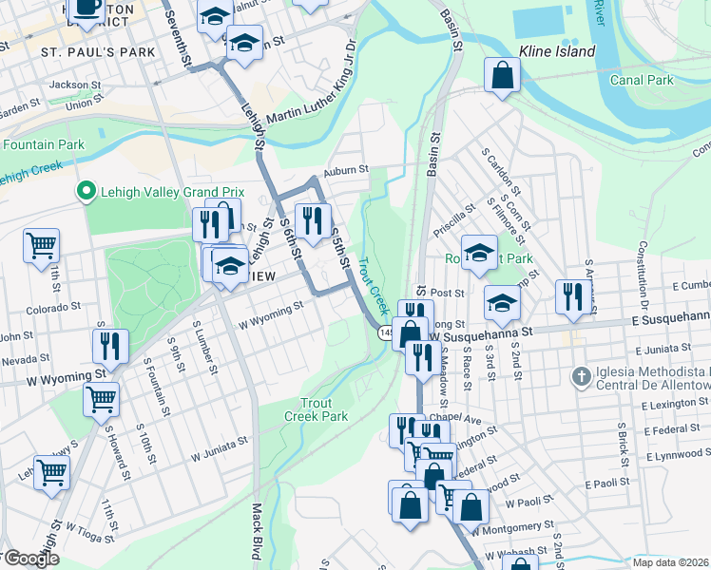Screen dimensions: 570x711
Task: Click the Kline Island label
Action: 557,51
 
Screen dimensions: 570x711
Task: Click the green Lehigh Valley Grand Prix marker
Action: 86,193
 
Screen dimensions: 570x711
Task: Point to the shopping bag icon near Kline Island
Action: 502,77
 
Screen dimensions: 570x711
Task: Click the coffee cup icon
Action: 87,8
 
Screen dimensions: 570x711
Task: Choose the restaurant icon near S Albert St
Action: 572,296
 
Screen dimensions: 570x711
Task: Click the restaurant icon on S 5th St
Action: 313,222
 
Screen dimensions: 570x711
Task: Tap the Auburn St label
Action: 344,170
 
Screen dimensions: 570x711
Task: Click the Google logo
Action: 32,559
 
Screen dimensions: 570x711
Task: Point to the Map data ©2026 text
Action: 670,561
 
